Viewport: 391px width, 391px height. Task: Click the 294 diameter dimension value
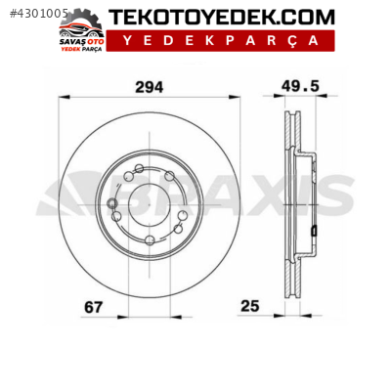click(149, 86)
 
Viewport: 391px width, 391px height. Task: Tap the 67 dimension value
click(93, 307)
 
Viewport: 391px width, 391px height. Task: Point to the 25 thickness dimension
click(250, 307)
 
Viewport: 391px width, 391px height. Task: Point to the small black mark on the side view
click(313, 231)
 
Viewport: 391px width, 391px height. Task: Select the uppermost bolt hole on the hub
click(139, 170)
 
